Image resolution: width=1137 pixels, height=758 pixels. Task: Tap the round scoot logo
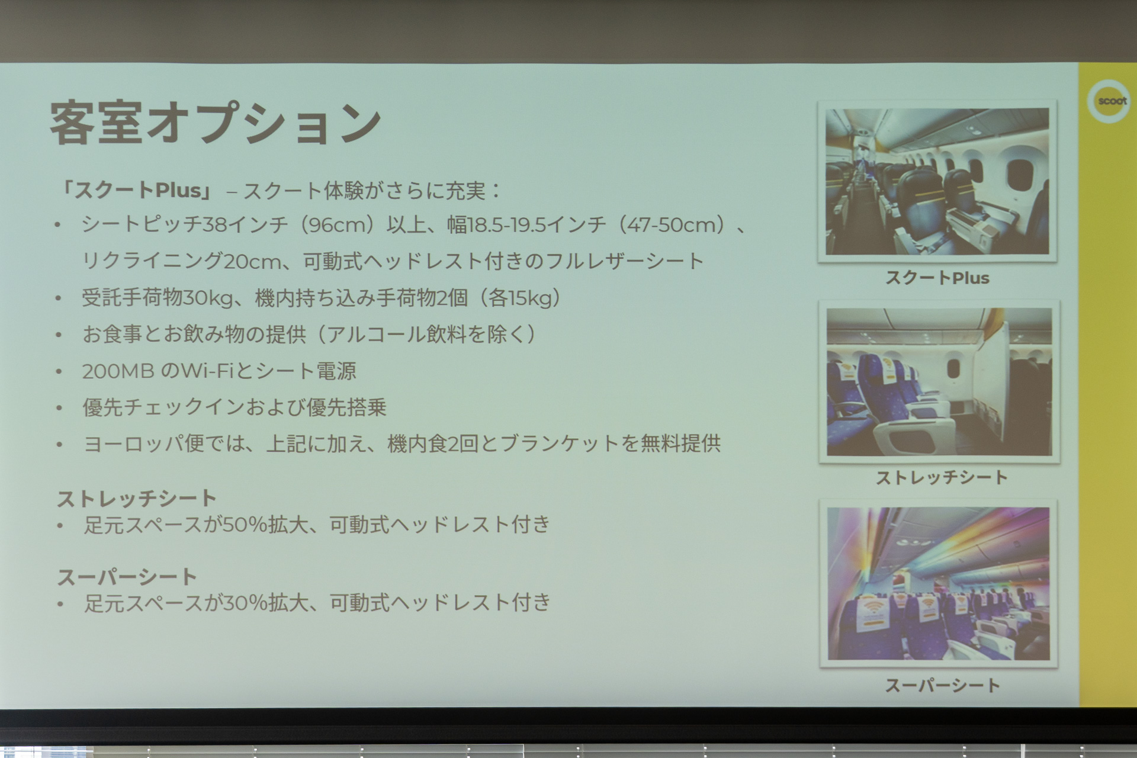pyautogui.click(x=1108, y=101)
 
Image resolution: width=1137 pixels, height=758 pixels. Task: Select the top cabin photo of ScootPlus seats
pyautogui.click(x=937, y=181)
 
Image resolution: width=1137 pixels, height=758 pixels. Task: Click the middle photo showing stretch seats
pyautogui.click(x=939, y=382)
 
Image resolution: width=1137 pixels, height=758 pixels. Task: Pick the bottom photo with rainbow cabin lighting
pyautogui.click(x=939, y=583)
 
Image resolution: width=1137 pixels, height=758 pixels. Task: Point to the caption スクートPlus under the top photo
pyautogui.click(x=937, y=278)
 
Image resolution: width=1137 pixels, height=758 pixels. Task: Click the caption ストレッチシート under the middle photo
pyautogui.click(x=941, y=477)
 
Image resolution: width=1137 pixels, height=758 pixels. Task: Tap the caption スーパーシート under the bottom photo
pyautogui.click(x=942, y=685)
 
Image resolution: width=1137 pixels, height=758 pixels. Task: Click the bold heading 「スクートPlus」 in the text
pyautogui.click(x=137, y=190)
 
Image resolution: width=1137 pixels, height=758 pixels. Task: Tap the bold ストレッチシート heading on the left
pyautogui.click(x=137, y=499)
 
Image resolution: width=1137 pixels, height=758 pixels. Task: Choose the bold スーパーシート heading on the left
pyautogui.click(x=127, y=577)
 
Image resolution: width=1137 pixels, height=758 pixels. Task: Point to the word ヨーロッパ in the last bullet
pyautogui.click(x=134, y=444)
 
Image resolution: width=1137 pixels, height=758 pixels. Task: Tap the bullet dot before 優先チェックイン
pyautogui.click(x=59, y=408)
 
